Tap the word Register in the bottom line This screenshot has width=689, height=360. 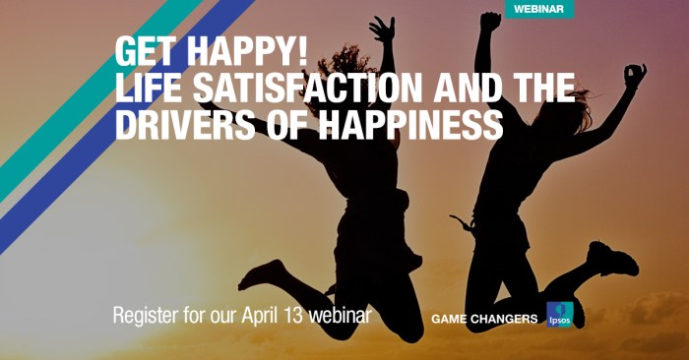click(x=147, y=317)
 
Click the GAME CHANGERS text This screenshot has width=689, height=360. click(x=484, y=319)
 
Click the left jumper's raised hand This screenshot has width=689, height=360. click(x=383, y=29)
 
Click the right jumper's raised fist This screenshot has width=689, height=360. click(x=490, y=22)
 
